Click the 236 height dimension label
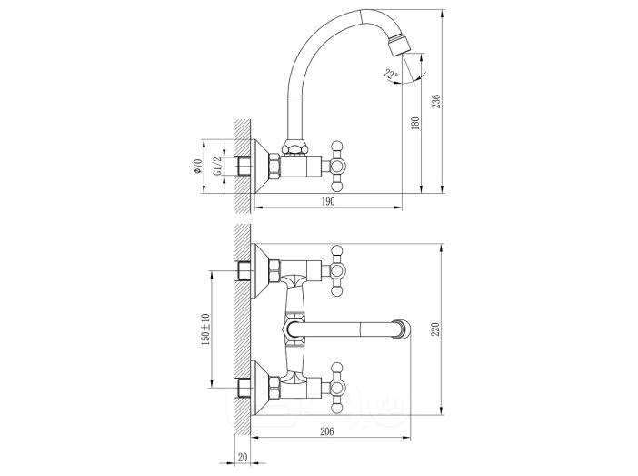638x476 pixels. tap(435, 101)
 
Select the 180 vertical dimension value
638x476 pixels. tap(415, 123)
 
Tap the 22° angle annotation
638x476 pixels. tap(391, 75)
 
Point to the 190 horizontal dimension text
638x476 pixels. tap(328, 201)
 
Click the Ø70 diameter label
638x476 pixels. tap(198, 167)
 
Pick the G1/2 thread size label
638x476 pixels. tap(218, 167)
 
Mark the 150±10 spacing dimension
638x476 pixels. tap(204, 330)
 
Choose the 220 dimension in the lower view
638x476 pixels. tap(435, 329)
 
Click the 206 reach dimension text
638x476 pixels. tap(327, 431)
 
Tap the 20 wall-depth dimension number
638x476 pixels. tap(243, 457)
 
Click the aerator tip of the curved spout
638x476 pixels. tap(398, 45)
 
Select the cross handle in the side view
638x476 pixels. tap(338, 167)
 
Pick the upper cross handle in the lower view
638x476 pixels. tap(338, 270)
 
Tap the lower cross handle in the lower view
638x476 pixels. tap(338, 388)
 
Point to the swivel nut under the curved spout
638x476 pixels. tap(294, 147)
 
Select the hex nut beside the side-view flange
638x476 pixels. tap(274, 166)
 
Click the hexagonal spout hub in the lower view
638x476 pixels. tap(292, 329)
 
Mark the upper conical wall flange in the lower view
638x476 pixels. tap(261, 270)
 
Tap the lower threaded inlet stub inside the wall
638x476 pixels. tap(244, 388)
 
